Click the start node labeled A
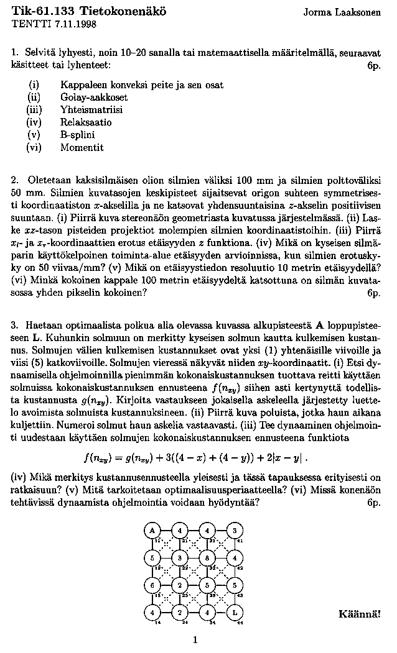(152, 531)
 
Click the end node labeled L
(235, 613)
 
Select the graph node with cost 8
(207, 558)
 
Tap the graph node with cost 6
(152, 585)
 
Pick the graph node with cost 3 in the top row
(235, 531)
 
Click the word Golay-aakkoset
(94, 97)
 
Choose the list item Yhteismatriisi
(91, 109)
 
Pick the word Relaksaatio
(86, 122)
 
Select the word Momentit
(82, 148)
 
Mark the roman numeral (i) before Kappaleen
(34, 84)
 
